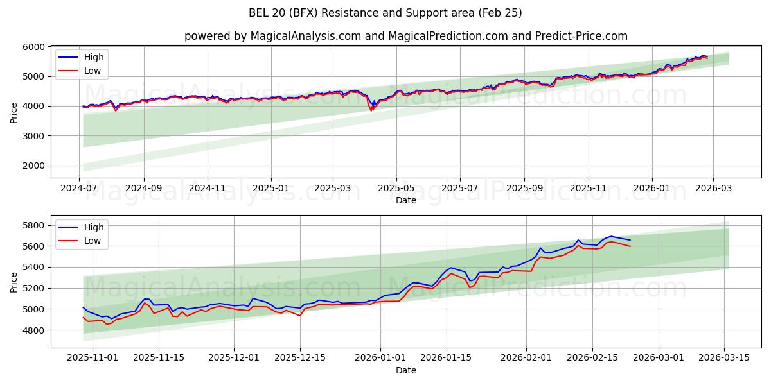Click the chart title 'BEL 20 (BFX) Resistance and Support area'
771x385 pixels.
coord(385,13)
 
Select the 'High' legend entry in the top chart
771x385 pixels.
coord(94,57)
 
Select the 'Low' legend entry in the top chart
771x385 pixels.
coord(93,71)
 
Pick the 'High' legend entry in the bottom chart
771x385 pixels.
coord(94,227)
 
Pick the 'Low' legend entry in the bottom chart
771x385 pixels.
coord(93,241)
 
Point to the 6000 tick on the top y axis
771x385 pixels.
coord(33,47)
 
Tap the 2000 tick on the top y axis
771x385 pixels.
coord(33,166)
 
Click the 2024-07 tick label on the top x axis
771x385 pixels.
coord(80,188)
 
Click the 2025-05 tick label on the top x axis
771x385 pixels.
coord(396,188)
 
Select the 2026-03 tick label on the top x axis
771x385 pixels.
coord(713,188)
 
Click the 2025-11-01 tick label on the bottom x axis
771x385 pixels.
coord(93,358)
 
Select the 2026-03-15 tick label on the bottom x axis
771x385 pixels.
coord(725,358)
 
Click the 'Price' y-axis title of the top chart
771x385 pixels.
coord(14,112)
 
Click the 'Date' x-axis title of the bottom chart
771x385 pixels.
coord(405,370)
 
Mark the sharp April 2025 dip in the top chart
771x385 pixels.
coord(371,110)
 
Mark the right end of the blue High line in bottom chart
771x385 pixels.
coord(630,240)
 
